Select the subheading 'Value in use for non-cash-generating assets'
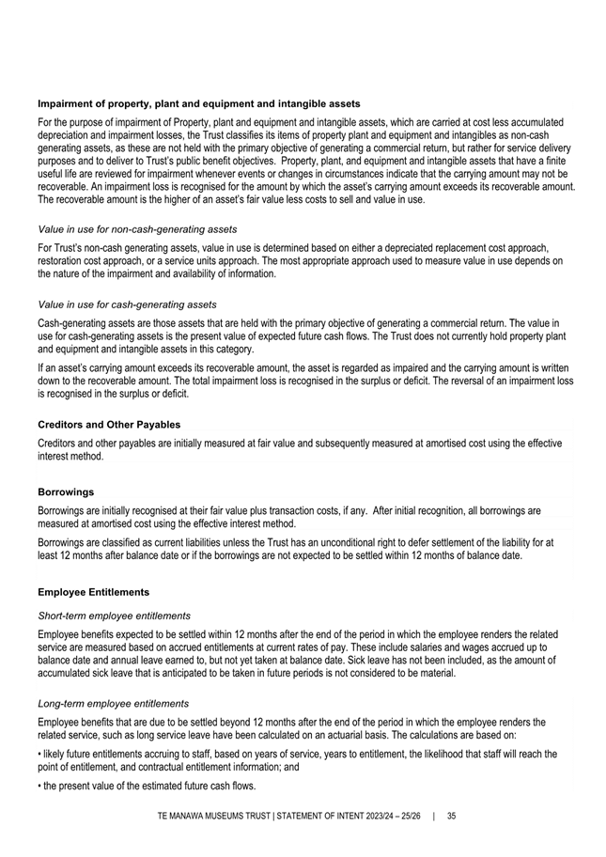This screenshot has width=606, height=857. tap(137, 229)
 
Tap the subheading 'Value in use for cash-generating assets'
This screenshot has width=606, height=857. tap(128, 304)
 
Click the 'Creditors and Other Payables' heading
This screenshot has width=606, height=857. tap(109, 425)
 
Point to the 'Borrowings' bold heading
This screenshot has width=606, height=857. tap(67, 491)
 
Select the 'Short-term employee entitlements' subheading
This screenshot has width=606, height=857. tap(114, 615)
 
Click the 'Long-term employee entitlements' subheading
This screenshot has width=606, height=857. tap(113, 703)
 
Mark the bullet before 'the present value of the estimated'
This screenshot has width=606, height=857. tap(39, 787)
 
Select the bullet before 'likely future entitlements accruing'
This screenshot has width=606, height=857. tap(39, 754)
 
